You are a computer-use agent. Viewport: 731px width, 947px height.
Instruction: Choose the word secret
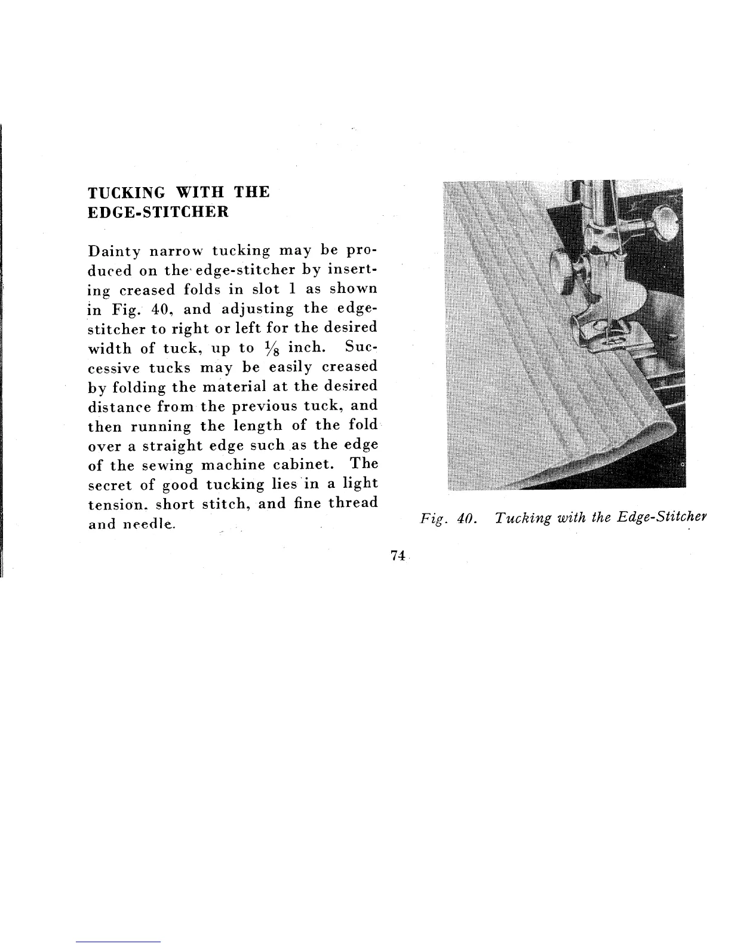click(x=109, y=484)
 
